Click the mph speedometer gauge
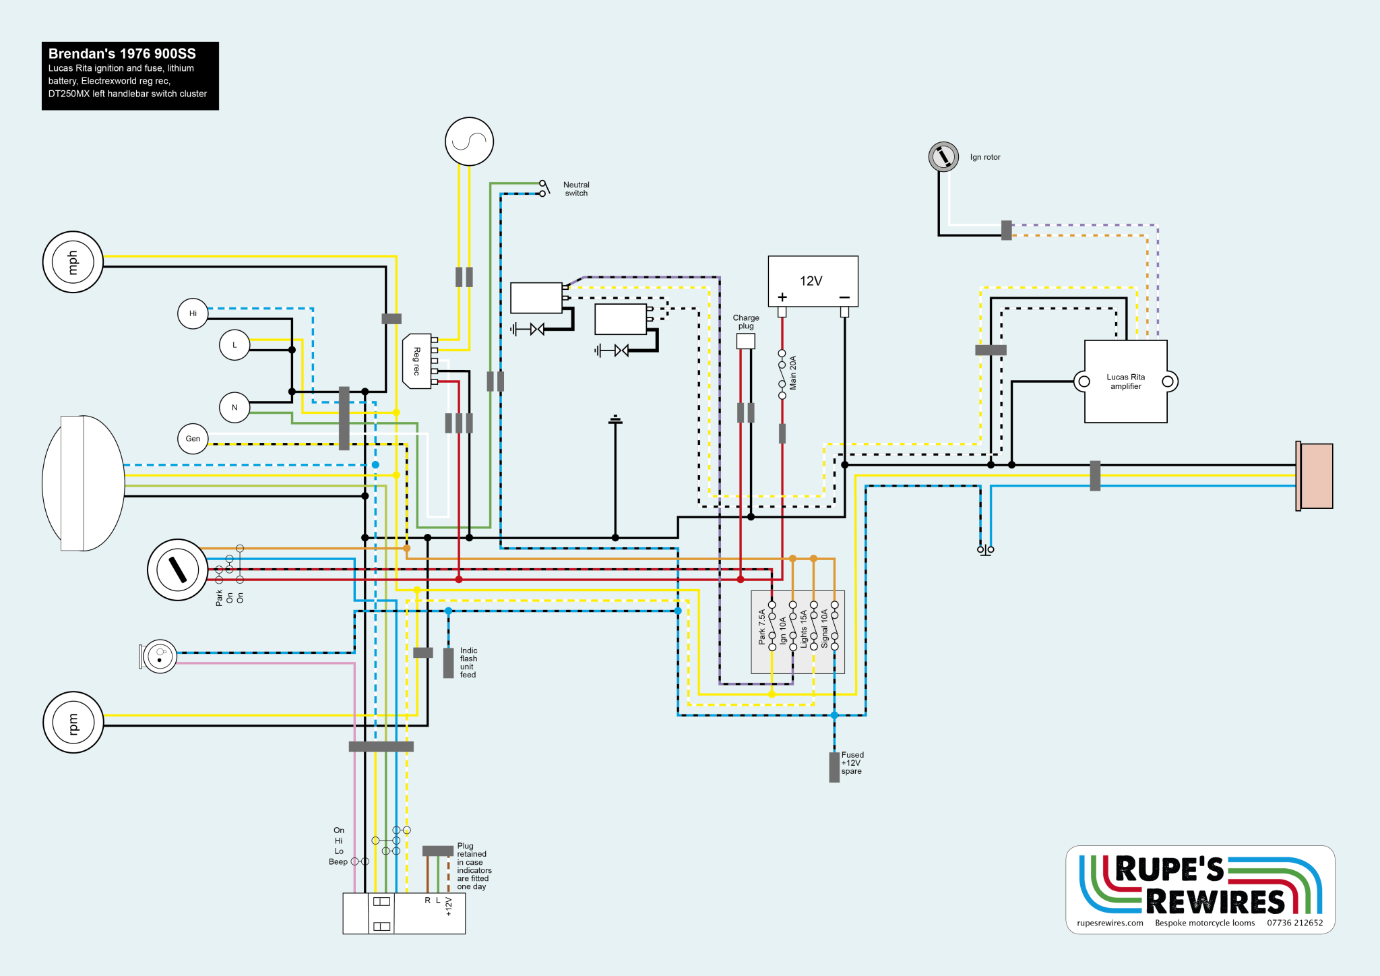click(73, 262)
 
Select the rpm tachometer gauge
click(73, 722)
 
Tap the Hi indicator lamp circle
click(193, 313)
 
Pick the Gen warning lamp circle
click(193, 439)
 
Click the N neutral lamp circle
click(234, 407)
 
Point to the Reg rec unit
click(417, 361)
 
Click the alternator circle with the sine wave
click(469, 142)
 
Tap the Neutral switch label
click(576, 189)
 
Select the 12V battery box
click(813, 281)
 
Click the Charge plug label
click(746, 322)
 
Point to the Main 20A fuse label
click(793, 373)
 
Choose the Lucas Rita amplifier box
click(1125, 382)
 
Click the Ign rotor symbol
click(943, 157)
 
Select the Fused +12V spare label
click(852, 763)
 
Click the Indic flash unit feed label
click(468, 663)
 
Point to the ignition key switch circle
click(177, 570)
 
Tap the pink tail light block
click(1315, 476)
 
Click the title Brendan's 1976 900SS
click(122, 54)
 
